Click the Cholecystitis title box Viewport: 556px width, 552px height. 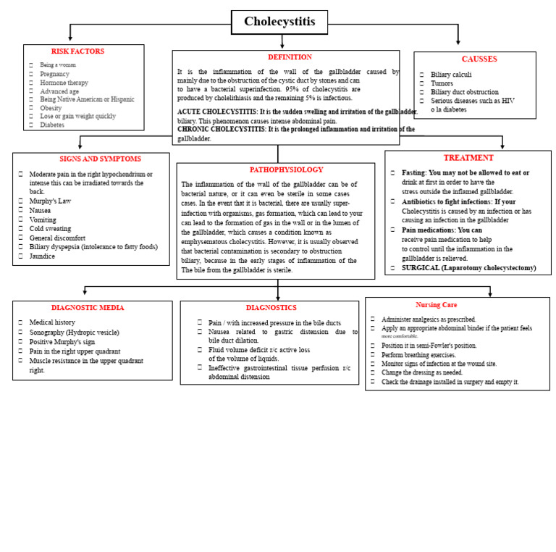click(x=279, y=22)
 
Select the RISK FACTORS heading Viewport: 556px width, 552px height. click(x=77, y=51)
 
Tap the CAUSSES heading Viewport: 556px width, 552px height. click(x=479, y=59)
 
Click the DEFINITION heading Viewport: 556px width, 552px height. click(x=290, y=57)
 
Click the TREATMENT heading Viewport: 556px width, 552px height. click(x=468, y=158)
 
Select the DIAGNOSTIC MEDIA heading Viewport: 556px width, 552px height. click(x=88, y=308)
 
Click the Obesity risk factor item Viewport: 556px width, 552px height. click(x=51, y=108)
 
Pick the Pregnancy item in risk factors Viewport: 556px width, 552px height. click(x=55, y=74)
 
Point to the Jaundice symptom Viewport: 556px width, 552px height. click(x=42, y=256)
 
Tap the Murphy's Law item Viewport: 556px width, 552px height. click(x=50, y=201)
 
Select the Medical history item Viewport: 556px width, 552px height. click(x=51, y=322)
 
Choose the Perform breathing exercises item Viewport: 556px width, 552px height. click(x=419, y=355)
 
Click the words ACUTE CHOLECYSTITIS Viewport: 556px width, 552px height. click(x=217, y=112)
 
